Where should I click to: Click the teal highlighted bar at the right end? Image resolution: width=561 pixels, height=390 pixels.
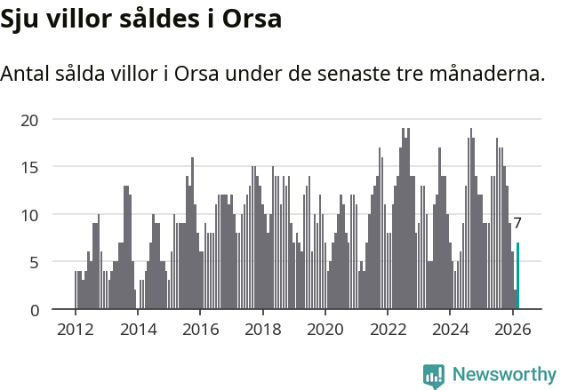pyautogui.click(x=518, y=276)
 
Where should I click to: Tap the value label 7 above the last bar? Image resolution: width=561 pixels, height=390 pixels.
pyautogui.click(x=517, y=224)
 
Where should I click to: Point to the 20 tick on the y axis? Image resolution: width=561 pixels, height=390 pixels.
pyautogui.click(x=31, y=119)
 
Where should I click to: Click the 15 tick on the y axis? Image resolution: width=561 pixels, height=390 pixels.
pyautogui.click(x=31, y=167)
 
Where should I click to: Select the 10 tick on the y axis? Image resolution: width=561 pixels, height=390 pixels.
pyautogui.click(x=31, y=215)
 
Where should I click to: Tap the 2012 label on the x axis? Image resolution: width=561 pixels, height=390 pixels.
pyautogui.click(x=76, y=329)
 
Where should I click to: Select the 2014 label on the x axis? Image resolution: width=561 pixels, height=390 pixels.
pyautogui.click(x=138, y=329)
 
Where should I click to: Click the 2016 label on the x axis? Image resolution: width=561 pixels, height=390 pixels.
pyautogui.click(x=200, y=329)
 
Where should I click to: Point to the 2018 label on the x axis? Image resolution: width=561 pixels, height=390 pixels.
pyautogui.click(x=263, y=329)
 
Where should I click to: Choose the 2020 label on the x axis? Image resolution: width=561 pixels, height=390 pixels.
pyautogui.click(x=325, y=329)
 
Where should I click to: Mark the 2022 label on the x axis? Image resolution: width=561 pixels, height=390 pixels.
pyautogui.click(x=388, y=329)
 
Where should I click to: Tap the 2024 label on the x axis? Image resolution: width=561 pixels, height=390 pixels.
pyautogui.click(x=450, y=329)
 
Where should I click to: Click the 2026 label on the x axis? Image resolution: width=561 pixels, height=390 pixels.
pyautogui.click(x=513, y=329)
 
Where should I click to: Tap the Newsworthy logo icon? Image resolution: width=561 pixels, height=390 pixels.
pyautogui.click(x=434, y=376)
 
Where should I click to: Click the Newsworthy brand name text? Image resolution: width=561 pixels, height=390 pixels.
pyautogui.click(x=504, y=375)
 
